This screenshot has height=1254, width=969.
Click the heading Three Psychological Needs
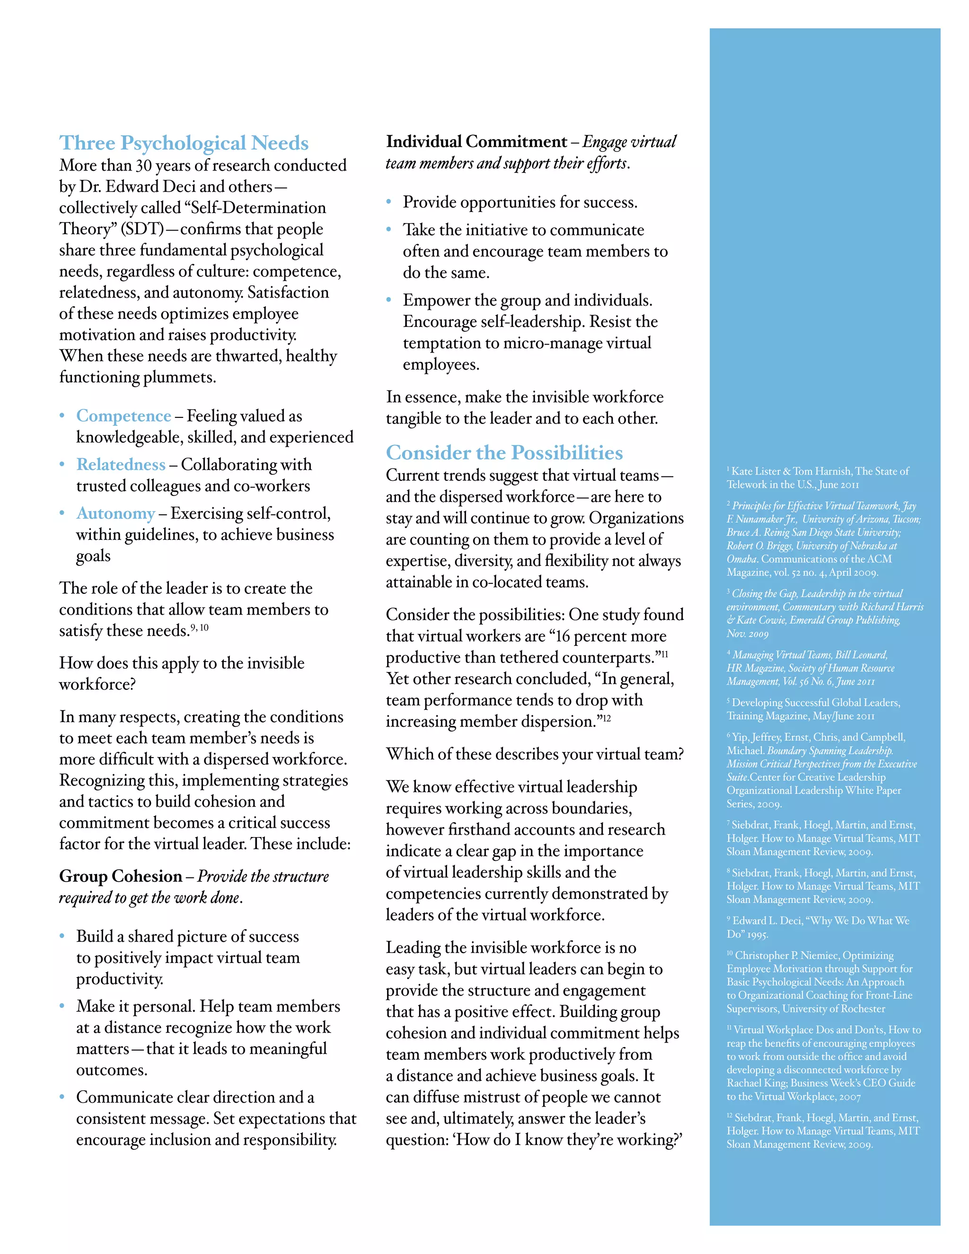[x=184, y=143]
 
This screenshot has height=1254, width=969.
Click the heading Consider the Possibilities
[x=504, y=452]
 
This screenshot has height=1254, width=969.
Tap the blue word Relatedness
[x=121, y=465]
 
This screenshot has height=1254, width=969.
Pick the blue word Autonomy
[x=115, y=513]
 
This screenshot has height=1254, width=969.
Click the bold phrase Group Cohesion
[x=121, y=876]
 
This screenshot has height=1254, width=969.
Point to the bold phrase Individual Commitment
[x=476, y=142]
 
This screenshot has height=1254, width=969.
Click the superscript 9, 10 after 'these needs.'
[x=199, y=627]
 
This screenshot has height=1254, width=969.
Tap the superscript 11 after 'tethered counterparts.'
[x=664, y=654]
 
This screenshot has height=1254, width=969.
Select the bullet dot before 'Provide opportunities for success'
[x=388, y=202]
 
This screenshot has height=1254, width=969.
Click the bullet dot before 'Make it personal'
[x=62, y=1006]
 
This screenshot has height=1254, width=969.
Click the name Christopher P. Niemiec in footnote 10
[x=795, y=955]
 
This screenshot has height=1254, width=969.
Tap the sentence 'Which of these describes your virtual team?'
[x=535, y=754]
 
